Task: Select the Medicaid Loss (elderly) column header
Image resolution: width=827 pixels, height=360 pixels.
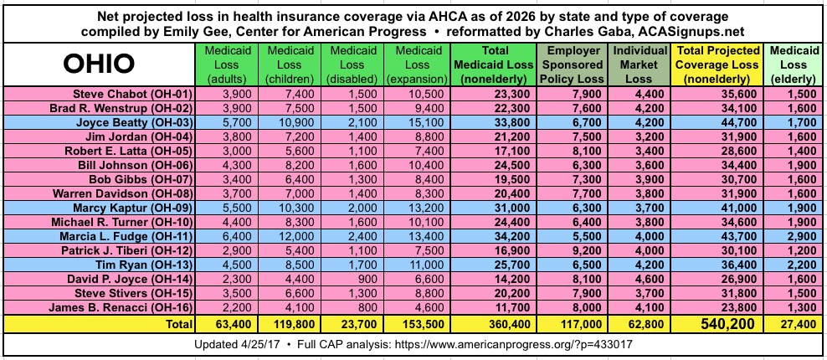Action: point(788,64)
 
